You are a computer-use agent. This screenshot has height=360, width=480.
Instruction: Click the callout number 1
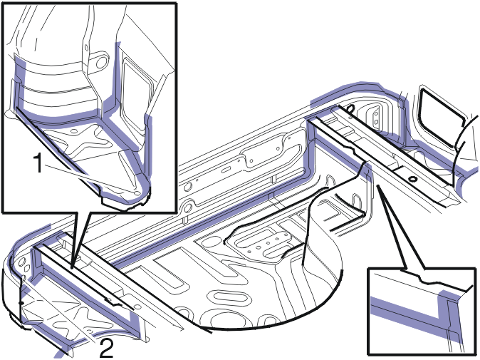(x=38, y=163)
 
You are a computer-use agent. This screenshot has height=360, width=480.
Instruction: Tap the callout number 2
(x=106, y=349)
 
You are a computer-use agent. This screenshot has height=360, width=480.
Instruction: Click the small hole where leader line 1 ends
(x=137, y=193)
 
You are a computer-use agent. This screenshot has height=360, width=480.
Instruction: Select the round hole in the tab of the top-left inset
(x=100, y=61)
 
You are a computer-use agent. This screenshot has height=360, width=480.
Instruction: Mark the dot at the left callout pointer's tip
(x=72, y=267)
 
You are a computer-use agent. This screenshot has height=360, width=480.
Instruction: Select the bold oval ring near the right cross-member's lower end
(x=412, y=179)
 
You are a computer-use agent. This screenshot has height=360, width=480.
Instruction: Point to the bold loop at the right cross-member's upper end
(x=351, y=108)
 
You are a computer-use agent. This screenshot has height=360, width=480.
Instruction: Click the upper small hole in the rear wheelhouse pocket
(x=377, y=113)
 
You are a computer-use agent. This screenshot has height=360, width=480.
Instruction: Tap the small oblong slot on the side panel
(x=226, y=170)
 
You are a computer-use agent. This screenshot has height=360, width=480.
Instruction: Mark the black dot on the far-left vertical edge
(x=21, y=303)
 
